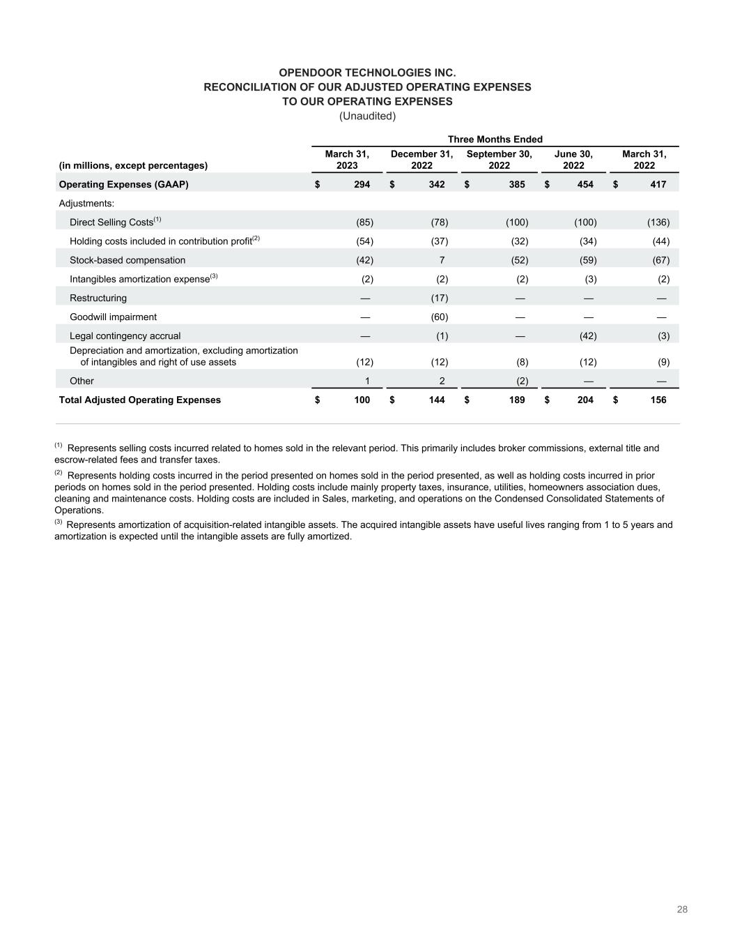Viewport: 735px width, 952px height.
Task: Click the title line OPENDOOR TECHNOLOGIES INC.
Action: [x=367, y=73]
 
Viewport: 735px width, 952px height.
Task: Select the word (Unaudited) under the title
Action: [x=367, y=116]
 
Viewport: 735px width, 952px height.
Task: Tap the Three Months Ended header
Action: [x=495, y=139]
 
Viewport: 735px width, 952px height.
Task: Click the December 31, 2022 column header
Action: [x=421, y=160]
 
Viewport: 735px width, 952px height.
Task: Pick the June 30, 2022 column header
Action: [x=573, y=160]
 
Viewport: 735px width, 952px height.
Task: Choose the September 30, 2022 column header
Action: [x=499, y=160]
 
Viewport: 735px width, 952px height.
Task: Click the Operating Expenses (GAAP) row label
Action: [x=123, y=185]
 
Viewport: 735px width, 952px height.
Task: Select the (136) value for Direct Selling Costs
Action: [x=658, y=222]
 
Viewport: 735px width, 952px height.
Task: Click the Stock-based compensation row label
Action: [x=127, y=260]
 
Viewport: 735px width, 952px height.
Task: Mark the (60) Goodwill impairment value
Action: [x=439, y=317]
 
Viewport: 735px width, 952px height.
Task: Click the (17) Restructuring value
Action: [x=439, y=298]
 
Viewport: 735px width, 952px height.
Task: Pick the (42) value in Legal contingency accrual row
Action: [x=588, y=335]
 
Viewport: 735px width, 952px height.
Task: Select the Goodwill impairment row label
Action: [x=113, y=317]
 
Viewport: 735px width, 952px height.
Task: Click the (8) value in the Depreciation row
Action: [x=522, y=362]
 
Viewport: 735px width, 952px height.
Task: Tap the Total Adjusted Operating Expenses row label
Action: [x=139, y=400]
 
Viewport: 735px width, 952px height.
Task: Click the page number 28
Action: [x=682, y=909]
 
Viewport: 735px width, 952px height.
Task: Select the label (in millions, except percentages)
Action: [x=133, y=165]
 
